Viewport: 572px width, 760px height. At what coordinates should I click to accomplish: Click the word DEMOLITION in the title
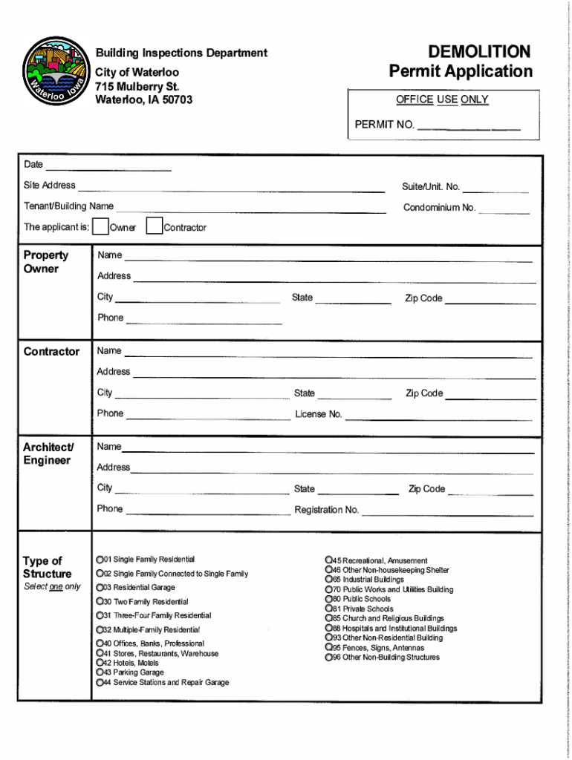tap(479, 52)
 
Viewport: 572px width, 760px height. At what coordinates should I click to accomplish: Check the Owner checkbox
tap(101, 226)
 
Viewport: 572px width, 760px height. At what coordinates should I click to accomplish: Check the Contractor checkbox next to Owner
tap(154, 226)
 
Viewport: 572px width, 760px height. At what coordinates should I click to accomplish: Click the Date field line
tap(108, 166)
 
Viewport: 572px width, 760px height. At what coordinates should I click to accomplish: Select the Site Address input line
tap(231, 187)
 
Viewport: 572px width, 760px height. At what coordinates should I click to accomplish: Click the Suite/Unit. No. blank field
tap(495, 188)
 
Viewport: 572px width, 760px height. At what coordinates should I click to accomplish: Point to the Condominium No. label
tap(439, 208)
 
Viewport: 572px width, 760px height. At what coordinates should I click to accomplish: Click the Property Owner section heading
tap(46, 262)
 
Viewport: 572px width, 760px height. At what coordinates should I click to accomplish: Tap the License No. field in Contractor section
tap(438, 416)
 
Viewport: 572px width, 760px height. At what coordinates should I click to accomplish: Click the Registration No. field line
tap(447, 511)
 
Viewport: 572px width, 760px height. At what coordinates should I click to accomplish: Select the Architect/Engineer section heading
tap(48, 453)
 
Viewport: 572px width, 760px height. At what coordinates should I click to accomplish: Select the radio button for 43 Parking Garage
tap(99, 672)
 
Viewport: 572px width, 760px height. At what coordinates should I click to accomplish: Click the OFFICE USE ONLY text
tap(442, 99)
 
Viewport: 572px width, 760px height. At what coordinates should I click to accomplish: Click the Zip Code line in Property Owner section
tap(490, 300)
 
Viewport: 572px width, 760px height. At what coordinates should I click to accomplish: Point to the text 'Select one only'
tap(52, 586)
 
